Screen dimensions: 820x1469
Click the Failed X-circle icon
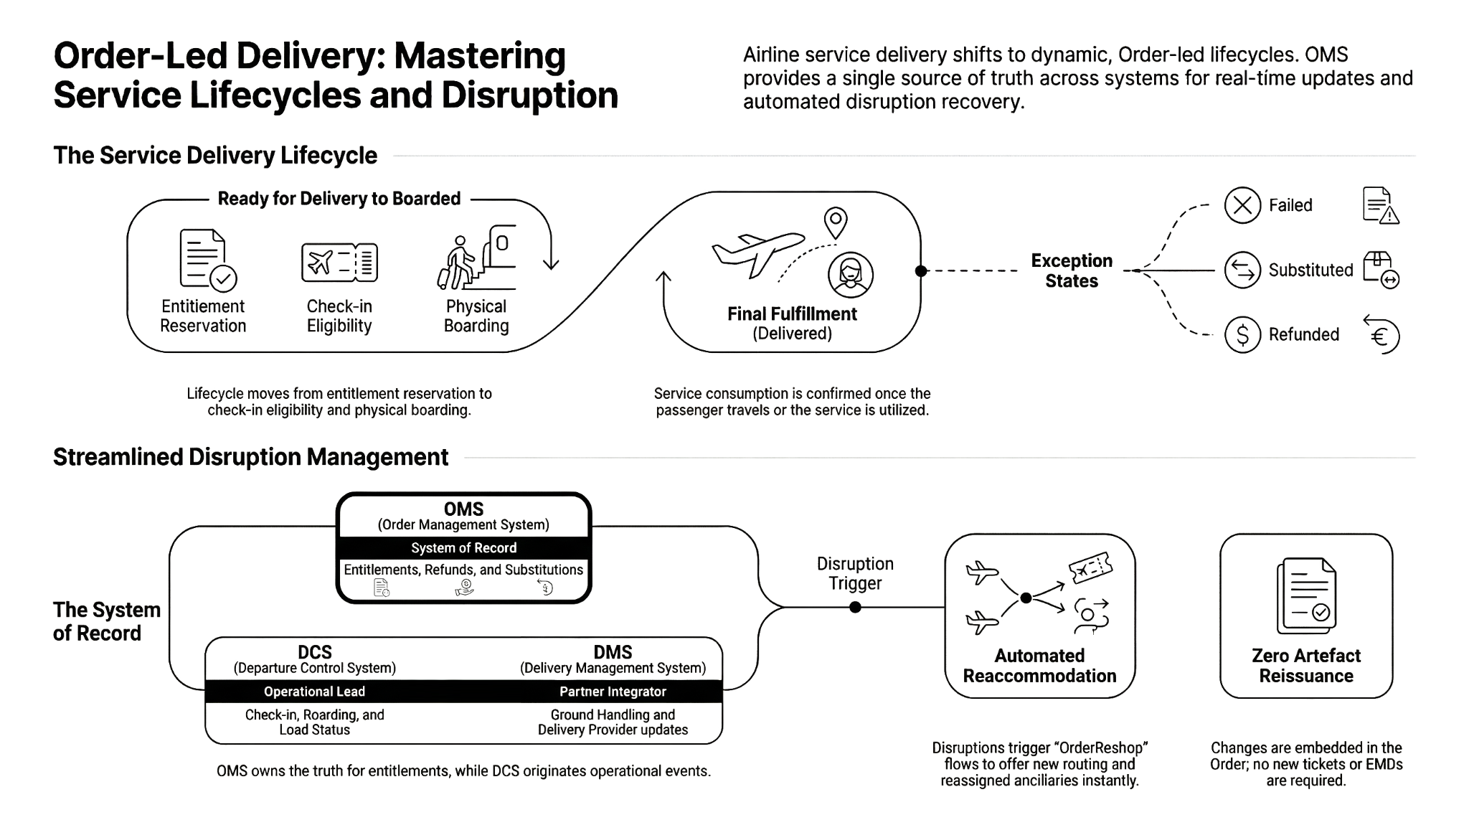coord(1242,205)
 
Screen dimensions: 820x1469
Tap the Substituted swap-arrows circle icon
coord(1242,270)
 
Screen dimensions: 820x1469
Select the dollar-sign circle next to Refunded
coord(1242,334)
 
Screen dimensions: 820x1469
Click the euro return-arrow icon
coord(1381,334)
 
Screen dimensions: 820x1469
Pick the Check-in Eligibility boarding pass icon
coord(339,263)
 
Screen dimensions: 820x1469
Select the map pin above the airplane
coord(836,222)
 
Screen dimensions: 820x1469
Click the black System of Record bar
coord(463,548)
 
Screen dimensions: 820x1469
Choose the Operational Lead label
coord(314,692)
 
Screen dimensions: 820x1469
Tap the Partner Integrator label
coord(613,692)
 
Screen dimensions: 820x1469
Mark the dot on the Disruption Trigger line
coord(855,607)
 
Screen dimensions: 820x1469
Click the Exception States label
coord(1072,270)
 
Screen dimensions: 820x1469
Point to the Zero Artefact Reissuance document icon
coord(1306,595)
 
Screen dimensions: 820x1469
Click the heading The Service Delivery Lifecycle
coord(215,156)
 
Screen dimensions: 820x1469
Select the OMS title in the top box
coord(463,509)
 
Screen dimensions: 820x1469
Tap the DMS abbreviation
coord(613,652)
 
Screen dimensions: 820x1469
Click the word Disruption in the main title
coord(529,95)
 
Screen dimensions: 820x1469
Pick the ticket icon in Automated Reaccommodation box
coord(1090,568)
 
